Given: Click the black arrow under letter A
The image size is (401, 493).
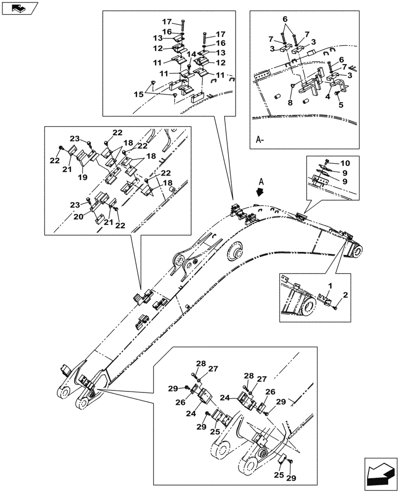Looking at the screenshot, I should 261,193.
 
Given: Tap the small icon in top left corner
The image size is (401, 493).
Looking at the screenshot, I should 17,7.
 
